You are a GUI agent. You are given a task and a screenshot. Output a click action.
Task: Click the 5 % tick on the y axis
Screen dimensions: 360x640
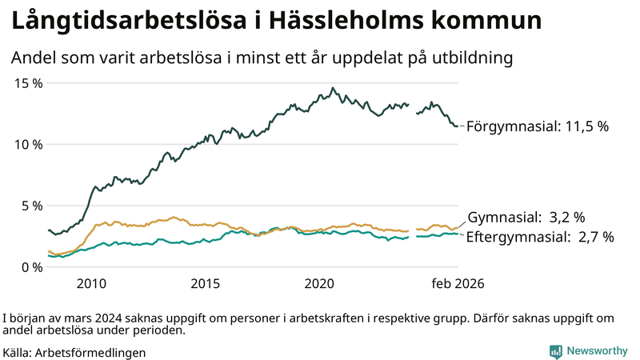(30, 206)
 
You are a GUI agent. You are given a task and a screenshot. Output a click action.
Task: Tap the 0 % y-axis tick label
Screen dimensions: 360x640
(30, 266)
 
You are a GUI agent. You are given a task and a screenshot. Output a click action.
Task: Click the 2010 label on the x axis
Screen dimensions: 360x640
(91, 283)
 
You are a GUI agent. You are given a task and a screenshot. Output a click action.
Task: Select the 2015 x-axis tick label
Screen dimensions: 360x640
(206, 283)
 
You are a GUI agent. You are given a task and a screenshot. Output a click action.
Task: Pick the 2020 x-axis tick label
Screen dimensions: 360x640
(320, 283)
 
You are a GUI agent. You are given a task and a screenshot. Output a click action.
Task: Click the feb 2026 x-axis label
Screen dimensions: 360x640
(458, 283)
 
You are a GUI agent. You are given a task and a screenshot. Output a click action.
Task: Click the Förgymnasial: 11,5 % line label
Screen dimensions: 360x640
(538, 126)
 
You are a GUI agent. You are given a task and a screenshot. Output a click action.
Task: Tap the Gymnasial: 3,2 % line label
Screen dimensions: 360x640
(526, 217)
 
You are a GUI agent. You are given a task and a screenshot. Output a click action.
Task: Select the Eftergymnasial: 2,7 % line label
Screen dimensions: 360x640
(539, 237)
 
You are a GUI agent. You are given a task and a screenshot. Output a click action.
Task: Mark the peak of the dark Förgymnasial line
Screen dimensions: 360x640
(333, 88)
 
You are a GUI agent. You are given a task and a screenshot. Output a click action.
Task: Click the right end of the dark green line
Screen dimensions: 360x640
(458, 126)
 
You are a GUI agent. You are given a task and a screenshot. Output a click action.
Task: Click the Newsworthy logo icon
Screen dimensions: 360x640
(555, 351)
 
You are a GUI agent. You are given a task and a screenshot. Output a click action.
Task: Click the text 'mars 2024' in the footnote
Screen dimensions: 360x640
(86, 318)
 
